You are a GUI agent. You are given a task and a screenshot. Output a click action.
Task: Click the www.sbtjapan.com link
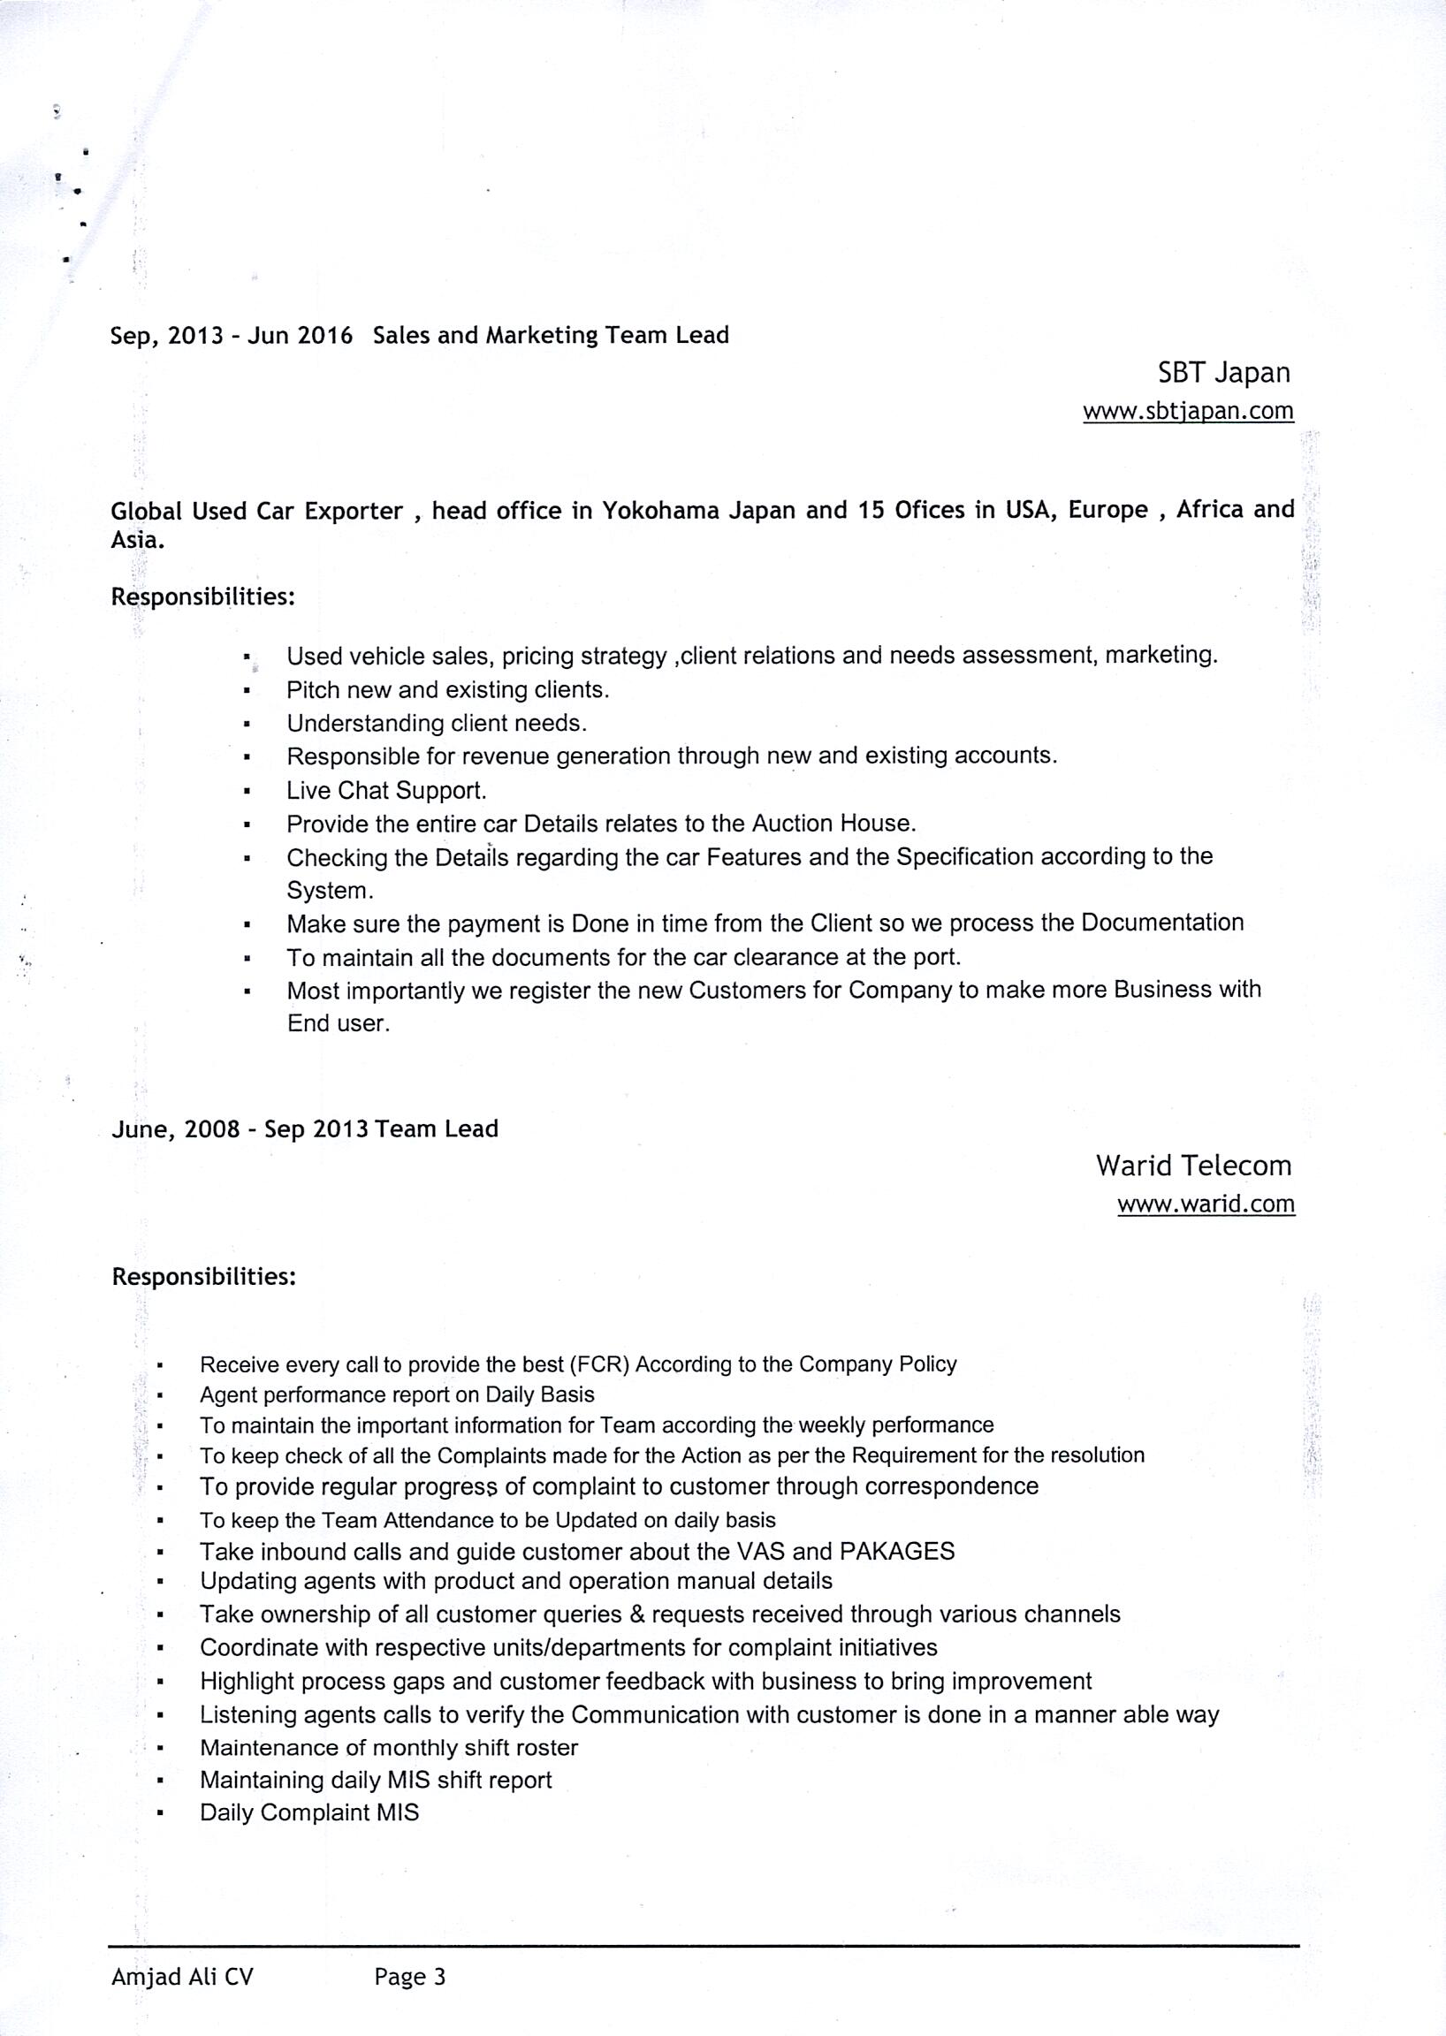pos(1188,410)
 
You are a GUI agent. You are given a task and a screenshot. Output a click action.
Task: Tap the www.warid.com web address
pos(1206,1204)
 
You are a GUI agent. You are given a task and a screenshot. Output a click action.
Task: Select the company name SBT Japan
pos(1223,372)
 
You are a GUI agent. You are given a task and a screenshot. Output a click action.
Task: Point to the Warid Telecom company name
pos(1193,1165)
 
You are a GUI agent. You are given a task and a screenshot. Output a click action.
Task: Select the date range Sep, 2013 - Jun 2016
pos(232,336)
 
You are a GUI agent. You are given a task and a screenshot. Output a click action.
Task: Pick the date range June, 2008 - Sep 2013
pos(240,1128)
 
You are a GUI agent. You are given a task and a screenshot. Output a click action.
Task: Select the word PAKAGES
pos(896,1551)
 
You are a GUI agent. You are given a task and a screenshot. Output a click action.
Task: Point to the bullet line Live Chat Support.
pos(386,791)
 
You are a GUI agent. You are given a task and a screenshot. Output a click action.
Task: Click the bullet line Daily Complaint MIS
pos(309,1812)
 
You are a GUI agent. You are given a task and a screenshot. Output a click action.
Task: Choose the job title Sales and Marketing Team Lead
pos(552,336)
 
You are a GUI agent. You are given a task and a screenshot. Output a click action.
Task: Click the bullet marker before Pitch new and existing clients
pos(246,691)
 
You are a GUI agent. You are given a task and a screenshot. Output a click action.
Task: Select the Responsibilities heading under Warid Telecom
pos(203,1277)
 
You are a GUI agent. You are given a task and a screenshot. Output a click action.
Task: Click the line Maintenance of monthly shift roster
pos(389,1747)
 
